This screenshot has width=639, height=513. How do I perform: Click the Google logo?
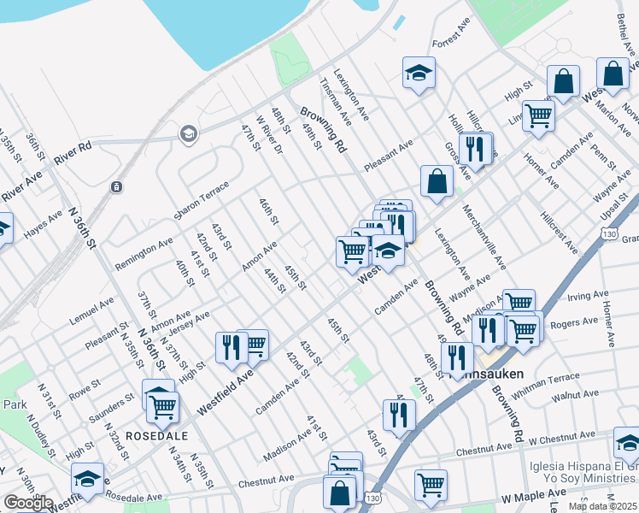27,504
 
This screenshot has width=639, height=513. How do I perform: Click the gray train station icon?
116,187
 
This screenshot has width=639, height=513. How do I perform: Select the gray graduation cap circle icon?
187,133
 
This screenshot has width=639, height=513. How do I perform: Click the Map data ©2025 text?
603,506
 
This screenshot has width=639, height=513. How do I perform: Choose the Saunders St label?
113,408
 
